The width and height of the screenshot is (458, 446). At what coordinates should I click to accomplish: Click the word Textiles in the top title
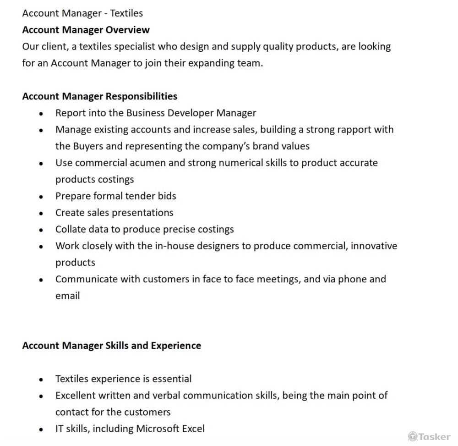tap(126, 13)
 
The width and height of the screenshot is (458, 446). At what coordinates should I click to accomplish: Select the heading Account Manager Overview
tap(86, 30)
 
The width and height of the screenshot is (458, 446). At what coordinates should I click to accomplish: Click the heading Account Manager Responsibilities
tap(99, 96)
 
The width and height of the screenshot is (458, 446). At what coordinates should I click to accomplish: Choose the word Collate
tap(71, 229)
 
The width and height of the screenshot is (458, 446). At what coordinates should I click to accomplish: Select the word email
tap(67, 296)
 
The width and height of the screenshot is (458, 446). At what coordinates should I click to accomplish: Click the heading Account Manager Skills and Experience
tap(111, 345)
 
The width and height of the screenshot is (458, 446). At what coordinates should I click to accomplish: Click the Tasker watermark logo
tap(429, 436)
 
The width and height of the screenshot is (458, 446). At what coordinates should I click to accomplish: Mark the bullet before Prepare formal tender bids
tap(41, 196)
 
